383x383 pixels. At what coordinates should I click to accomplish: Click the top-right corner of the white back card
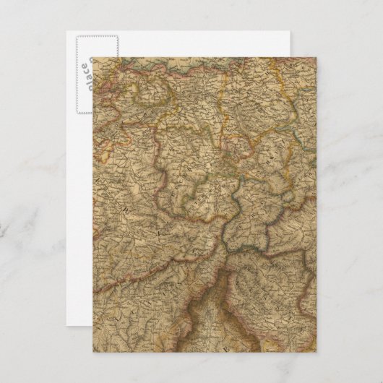pos(298,30)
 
